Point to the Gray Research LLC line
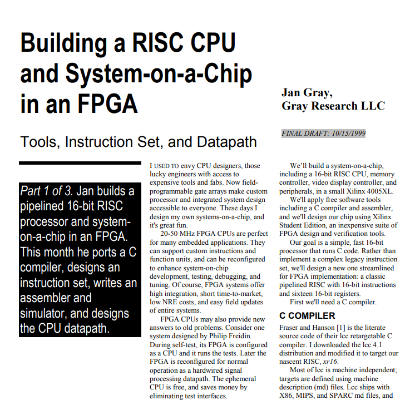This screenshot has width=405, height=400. tap(333, 106)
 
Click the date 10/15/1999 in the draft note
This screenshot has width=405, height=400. tap(348, 134)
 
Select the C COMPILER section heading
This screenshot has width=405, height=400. tap(307, 315)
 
